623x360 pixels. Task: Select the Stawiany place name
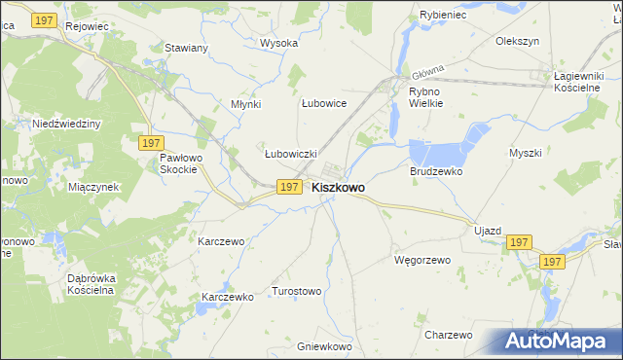click(x=185, y=48)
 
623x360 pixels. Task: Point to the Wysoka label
click(x=277, y=43)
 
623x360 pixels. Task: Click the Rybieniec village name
click(x=420, y=16)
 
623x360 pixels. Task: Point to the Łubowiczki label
click(x=291, y=153)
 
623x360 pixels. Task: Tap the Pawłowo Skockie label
click(x=179, y=162)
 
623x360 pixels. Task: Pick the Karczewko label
click(x=227, y=297)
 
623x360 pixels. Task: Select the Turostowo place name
click(x=297, y=291)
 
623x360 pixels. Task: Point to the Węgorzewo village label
click(x=421, y=260)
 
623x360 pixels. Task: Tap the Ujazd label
click(x=487, y=231)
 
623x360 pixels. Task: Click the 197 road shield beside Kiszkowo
click(x=288, y=187)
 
